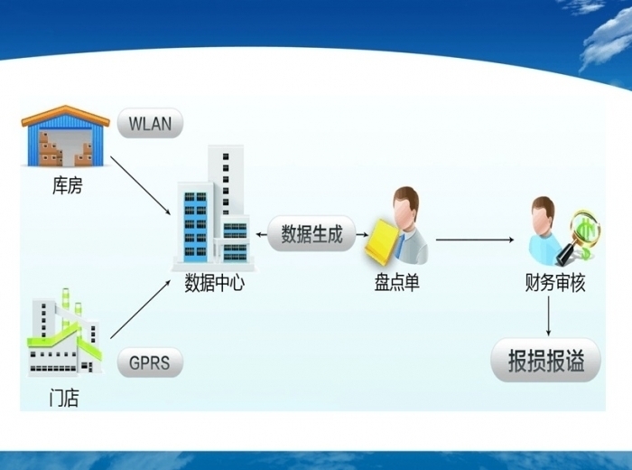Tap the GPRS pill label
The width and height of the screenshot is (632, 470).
click(149, 363)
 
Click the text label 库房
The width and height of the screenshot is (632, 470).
click(66, 188)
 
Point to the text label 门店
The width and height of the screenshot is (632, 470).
click(63, 398)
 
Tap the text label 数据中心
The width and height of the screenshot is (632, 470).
click(214, 283)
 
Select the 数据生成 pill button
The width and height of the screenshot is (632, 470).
click(311, 235)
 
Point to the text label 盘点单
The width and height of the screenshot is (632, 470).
click(397, 283)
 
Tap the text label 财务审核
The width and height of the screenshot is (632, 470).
click(554, 283)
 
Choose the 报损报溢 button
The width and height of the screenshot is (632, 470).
click(546, 362)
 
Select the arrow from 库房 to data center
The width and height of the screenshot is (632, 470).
click(141, 185)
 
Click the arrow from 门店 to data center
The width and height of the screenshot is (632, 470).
click(141, 309)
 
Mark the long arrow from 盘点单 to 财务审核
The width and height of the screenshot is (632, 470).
click(475, 240)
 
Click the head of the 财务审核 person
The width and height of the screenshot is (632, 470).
click(543, 211)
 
